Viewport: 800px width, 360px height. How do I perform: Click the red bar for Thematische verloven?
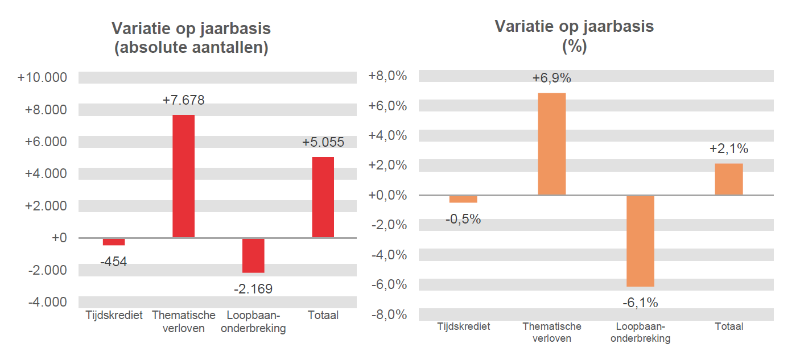[183, 176]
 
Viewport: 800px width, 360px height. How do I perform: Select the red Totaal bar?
[323, 197]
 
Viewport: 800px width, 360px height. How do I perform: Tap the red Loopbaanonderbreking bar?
[253, 255]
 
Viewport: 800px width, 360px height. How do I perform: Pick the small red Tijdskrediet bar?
[114, 242]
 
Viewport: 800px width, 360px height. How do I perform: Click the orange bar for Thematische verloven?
[551, 144]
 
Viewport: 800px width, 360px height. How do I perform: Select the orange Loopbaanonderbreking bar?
[640, 241]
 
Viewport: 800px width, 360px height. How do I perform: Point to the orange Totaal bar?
[728, 179]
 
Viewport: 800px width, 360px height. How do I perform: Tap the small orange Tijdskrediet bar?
[463, 199]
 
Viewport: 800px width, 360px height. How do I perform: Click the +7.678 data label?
[183, 100]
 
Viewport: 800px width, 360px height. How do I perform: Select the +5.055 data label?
[323, 142]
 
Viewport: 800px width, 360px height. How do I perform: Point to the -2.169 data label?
[253, 289]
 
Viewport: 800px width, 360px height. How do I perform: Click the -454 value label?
[114, 262]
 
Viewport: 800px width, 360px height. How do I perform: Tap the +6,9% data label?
[551, 78]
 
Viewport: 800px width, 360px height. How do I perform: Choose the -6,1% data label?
[640, 303]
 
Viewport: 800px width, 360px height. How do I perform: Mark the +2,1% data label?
[728, 149]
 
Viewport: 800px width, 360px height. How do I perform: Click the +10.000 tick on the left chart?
[43, 77]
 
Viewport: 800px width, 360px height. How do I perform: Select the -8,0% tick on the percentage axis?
[388, 315]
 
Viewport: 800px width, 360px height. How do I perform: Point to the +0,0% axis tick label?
[388, 195]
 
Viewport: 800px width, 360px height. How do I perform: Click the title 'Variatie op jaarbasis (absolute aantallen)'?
[191, 38]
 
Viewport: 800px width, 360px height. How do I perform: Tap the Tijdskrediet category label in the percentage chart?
[463, 326]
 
